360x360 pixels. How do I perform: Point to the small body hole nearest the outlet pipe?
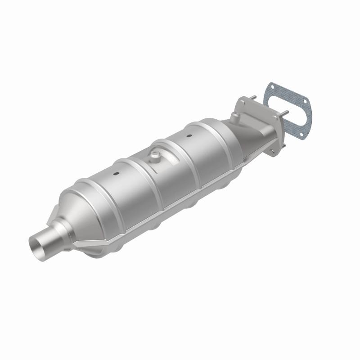pyautogui.click(x=117, y=173)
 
